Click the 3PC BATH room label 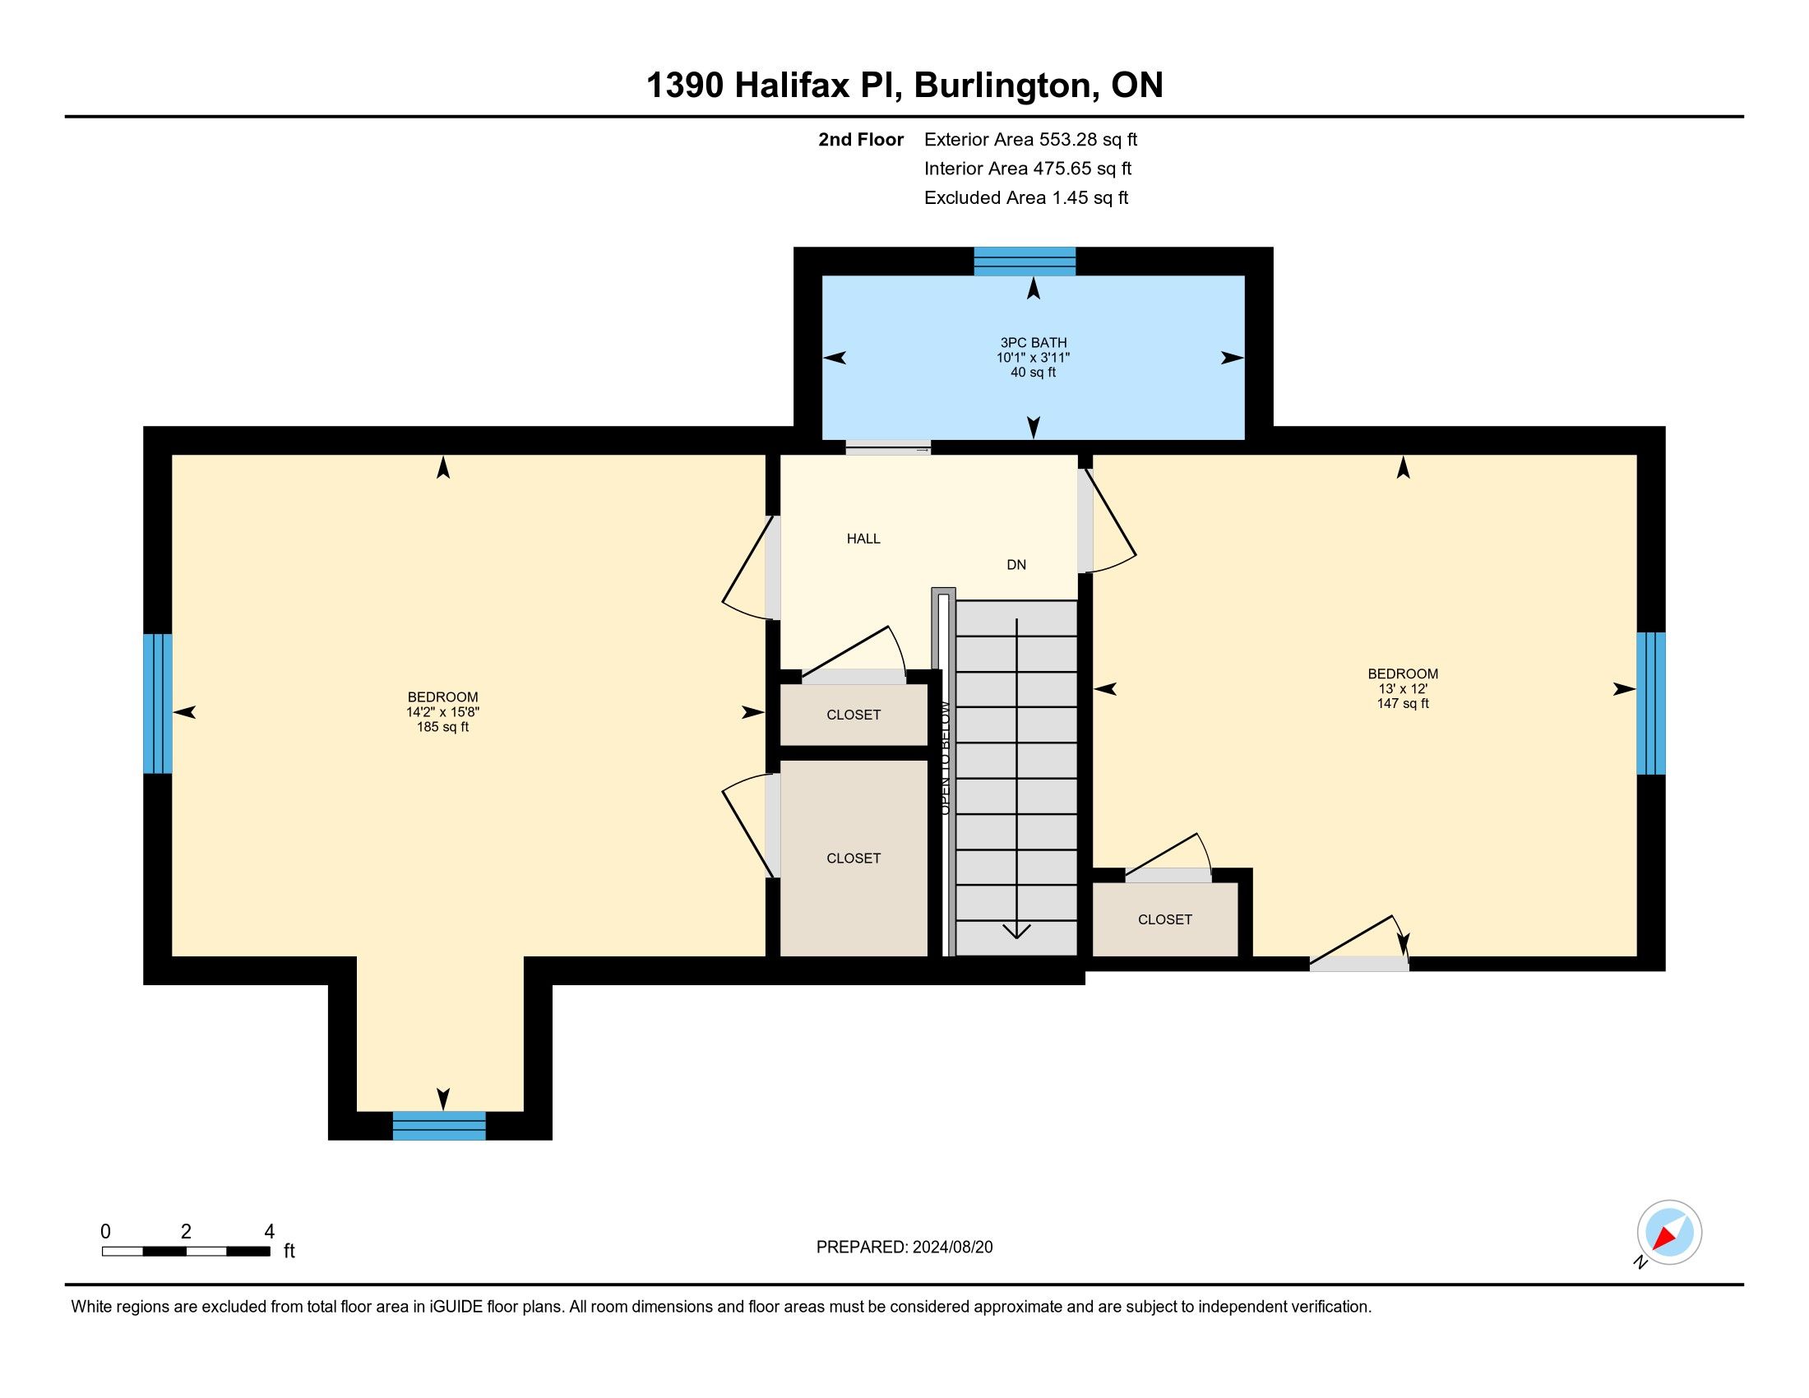(1033, 342)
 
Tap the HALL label (863, 539)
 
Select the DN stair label (1016, 565)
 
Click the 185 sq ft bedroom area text (442, 727)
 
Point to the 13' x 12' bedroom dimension (1402, 689)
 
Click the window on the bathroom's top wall (1025, 261)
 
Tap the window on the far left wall (157, 703)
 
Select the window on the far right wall (1651, 703)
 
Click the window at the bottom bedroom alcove (439, 1126)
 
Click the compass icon (1669, 1233)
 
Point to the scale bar (187, 1252)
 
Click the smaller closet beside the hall (854, 715)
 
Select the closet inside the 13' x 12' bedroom (1164, 919)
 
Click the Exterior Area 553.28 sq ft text (1030, 140)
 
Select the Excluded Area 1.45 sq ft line (1026, 198)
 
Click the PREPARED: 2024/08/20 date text (904, 1248)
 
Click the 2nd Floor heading (861, 140)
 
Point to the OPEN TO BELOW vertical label (945, 758)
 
